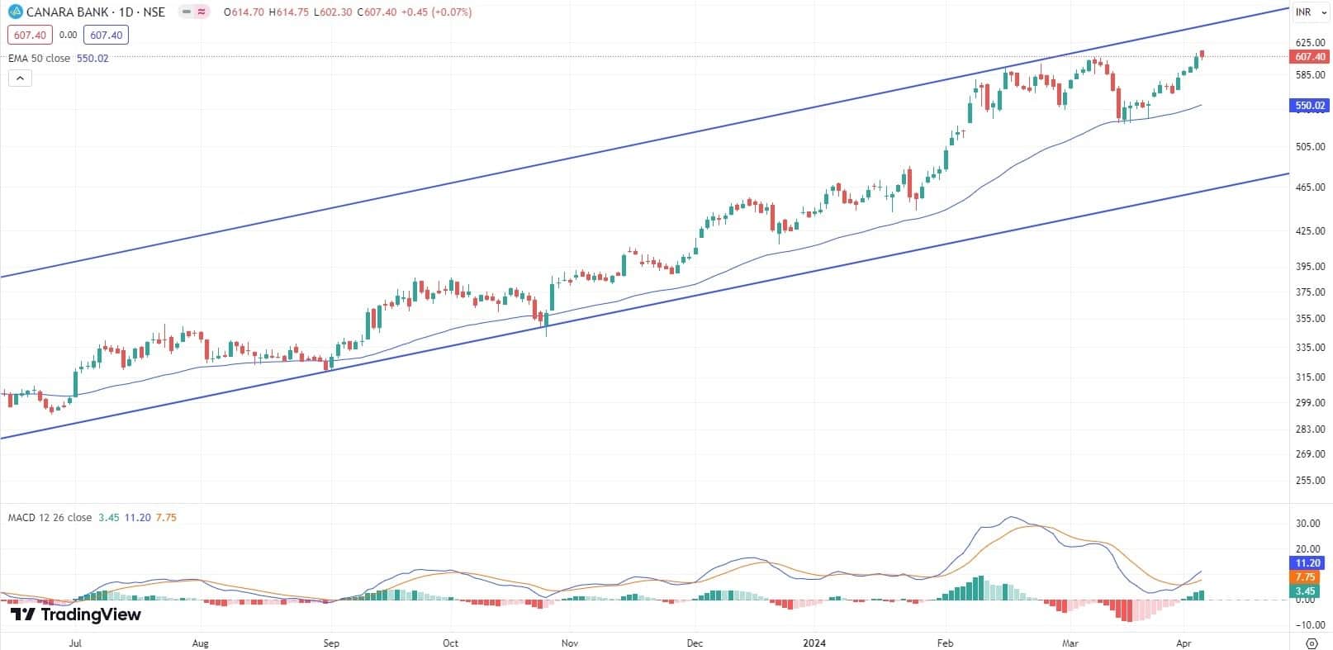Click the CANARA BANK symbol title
tap(96, 12)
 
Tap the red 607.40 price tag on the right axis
tap(1310, 57)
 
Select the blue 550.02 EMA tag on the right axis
tap(1310, 106)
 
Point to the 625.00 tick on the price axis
tap(1310, 42)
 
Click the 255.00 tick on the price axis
tap(1310, 481)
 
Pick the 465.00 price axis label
tap(1310, 187)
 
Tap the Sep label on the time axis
tap(331, 643)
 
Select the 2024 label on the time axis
tap(814, 643)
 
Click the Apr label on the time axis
tap(1184, 643)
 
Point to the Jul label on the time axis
tap(75, 643)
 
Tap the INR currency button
tap(1304, 12)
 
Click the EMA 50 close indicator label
tap(40, 59)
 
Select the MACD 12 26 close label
tap(50, 518)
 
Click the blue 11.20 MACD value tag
tap(1310, 563)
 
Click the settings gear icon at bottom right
tap(1311, 643)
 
